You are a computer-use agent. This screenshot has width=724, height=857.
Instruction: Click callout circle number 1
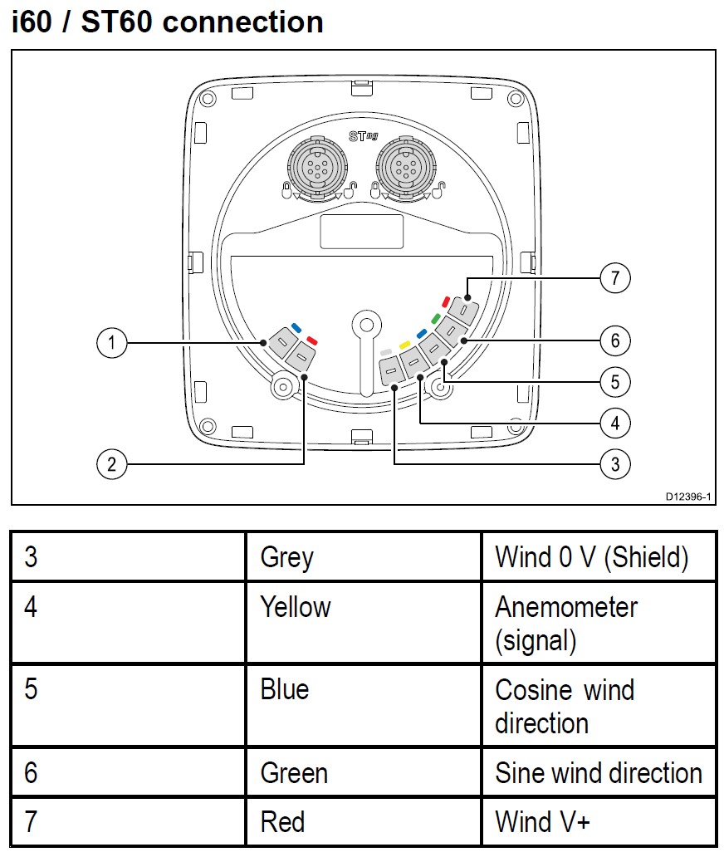(x=111, y=342)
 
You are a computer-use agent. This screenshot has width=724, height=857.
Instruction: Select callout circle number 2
(x=111, y=463)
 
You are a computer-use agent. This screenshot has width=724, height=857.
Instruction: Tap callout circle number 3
(x=614, y=463)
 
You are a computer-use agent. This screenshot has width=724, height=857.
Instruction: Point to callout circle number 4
(x=614, y=423)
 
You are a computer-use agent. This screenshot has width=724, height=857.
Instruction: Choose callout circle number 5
(x=614, y=382)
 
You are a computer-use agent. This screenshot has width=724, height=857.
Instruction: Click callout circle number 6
(x=614, y=340)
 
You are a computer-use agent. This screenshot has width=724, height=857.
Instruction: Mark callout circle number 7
(x=614, y=278)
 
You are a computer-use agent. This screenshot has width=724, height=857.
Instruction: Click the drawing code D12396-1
(x=688, y=496)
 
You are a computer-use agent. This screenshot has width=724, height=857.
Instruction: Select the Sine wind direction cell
(x=598, y=773)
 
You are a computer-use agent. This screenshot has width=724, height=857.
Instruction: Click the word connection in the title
(x=243, y=22)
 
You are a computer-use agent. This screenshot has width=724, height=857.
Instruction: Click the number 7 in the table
(x=31, y=822)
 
